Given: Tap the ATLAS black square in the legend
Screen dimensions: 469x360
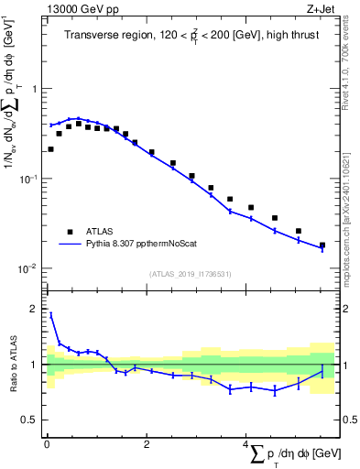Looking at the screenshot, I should click(x=68, y=232).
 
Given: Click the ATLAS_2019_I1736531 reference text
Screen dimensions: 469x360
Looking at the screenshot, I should click(x=191, y=274).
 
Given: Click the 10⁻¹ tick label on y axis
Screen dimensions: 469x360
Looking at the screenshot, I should click(x=32, y=179).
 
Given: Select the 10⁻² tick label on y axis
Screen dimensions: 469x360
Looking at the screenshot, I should click(x=32, y=268).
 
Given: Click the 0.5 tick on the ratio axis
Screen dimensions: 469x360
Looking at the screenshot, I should click(x=32, y=420).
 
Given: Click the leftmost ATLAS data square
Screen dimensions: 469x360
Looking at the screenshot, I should click(x=50, y=149).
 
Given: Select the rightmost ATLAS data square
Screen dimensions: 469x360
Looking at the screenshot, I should click(x=322, y=245).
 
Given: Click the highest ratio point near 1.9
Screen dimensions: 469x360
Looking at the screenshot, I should click(x=50, y=314).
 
